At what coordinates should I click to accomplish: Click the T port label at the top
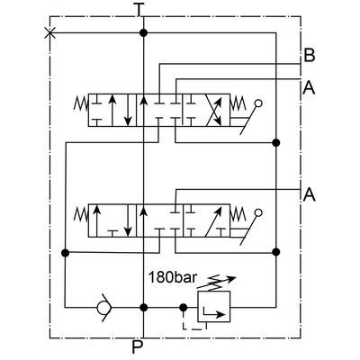(x=138, y=10)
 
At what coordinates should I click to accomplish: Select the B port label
(x=309, y=57)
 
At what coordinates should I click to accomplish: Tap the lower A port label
(x=309, y=193)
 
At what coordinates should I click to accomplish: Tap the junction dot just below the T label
(x=142, y=32)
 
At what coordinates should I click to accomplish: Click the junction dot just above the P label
(x=142, y=308)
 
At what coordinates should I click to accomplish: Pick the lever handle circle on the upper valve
(x=259, y=105)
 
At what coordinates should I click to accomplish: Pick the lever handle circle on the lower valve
(x=259, y=214)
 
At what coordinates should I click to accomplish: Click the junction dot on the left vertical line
(x=64, y=253)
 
